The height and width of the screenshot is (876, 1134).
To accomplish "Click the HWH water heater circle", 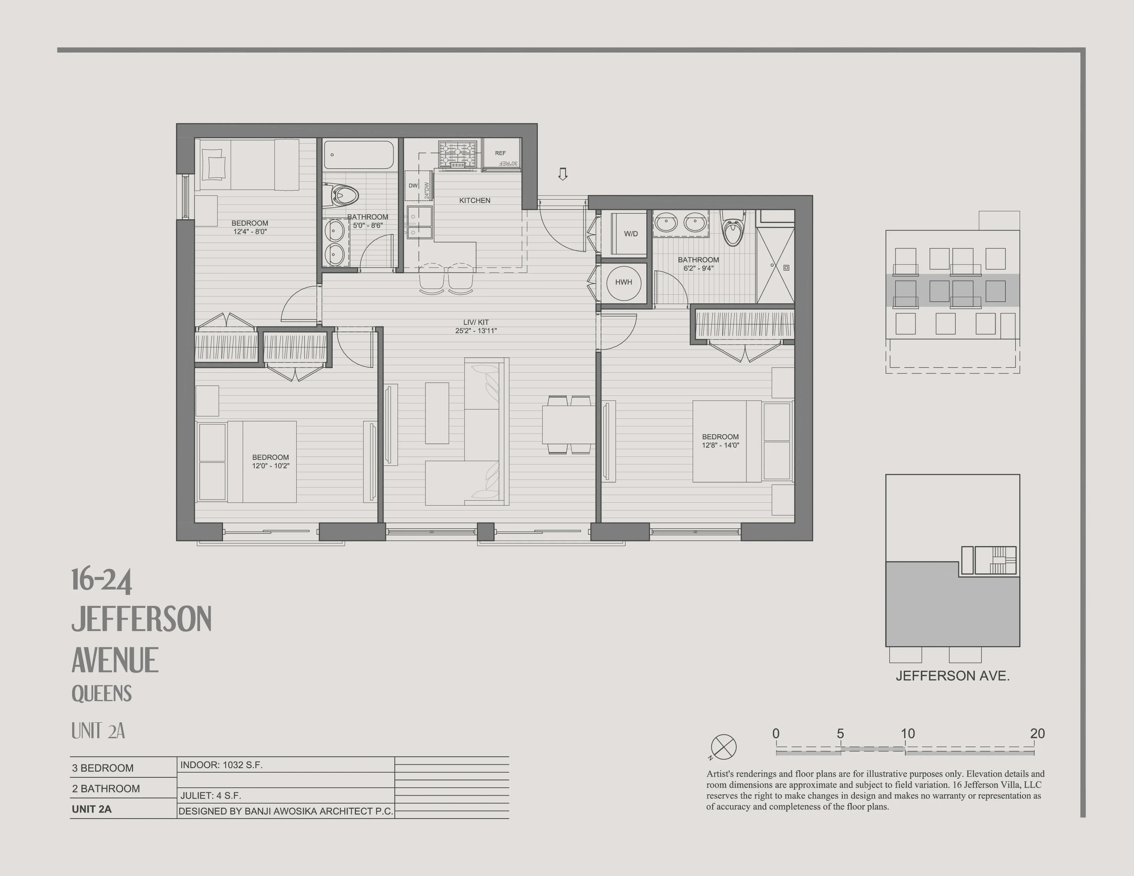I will (624, 282).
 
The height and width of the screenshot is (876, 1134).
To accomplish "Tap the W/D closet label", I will (631, 234).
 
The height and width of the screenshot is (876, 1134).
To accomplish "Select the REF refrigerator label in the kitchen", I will (500, 153).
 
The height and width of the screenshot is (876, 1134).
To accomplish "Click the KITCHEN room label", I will (475, 200).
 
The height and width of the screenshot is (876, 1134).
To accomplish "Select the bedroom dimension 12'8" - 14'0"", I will (720, 445).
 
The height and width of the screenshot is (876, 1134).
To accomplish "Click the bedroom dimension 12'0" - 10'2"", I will (270, 465).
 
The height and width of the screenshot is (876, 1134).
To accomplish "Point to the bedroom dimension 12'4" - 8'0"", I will (250, 232).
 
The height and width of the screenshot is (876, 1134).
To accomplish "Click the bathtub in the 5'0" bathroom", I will (359, 155).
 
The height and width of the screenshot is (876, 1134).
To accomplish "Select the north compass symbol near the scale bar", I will (723, 747).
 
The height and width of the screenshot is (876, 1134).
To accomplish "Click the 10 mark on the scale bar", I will (907, 734).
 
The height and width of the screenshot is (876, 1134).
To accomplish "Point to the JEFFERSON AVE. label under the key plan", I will (952, 676).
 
